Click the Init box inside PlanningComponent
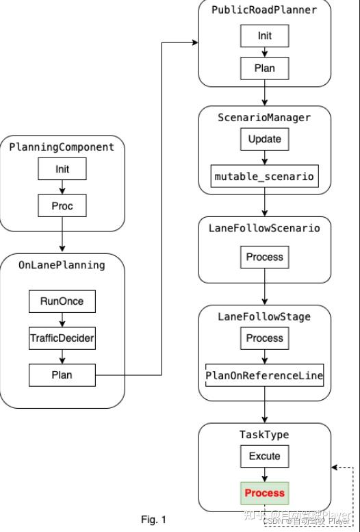(x=62, y=168)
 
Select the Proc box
(x=62, y=206)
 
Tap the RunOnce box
(x=62, y=301)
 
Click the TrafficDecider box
(x=62, y=338)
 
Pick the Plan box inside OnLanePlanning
(x=62, y=375)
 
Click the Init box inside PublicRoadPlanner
(x=264, y=35)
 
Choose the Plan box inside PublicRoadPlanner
(x=264, y=68)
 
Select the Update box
(x=264, y=139)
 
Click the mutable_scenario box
(x=264, y=176)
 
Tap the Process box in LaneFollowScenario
(x=264, y=257)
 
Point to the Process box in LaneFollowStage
(x=264, y=338)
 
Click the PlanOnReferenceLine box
(x=264, y=375)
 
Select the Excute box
(x=264, y=456)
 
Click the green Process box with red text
(x=264, y=493)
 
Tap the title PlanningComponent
(x=62, y=147)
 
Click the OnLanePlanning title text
(x=62, y=265)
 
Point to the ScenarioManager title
(x=264, y=117)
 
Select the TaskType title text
(x=264, y=434)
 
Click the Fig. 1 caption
(x=153, y=519)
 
